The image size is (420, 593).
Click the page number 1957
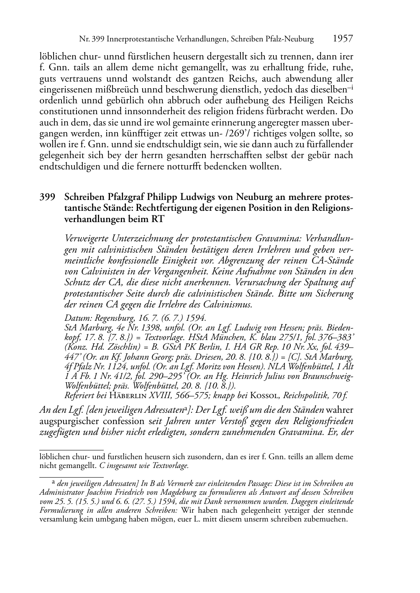click(x=343, y=39)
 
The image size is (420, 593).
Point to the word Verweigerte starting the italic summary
click(x=87, y=238)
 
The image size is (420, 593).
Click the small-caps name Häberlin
click(x=125, y=394)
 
